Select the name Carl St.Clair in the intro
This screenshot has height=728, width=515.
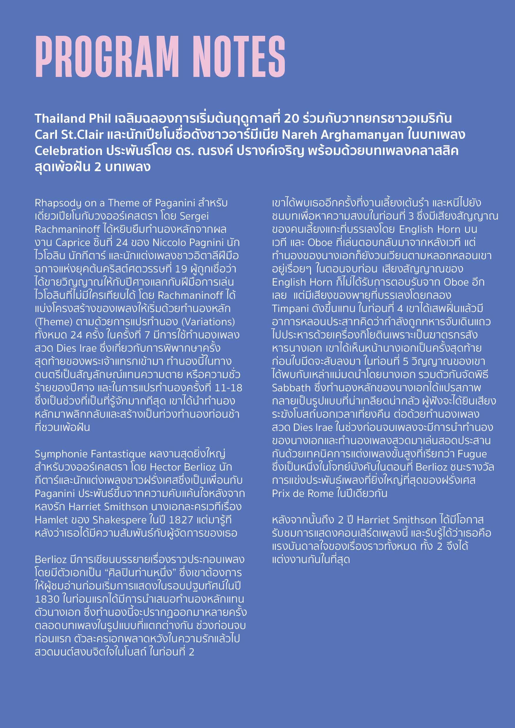click(x=69, y=135)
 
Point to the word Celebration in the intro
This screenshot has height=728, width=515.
click(x=68, y=151)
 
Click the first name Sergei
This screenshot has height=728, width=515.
click(x=194, y=216)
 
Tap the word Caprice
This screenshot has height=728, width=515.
click(x=73, y=242)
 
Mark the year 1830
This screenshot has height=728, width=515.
click(x=47, y=599)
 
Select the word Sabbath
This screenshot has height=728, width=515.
click(x=291, y=388)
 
